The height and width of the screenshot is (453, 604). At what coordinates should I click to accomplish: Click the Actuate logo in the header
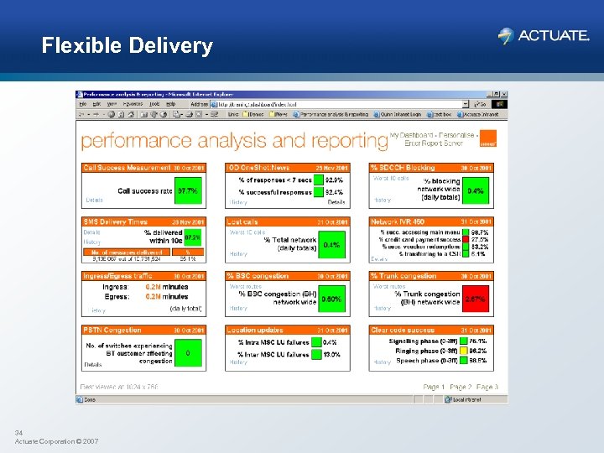pyautogui.click(x=543, y=36)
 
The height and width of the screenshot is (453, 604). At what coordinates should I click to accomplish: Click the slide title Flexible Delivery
pyautogui.click(x=128, y=45)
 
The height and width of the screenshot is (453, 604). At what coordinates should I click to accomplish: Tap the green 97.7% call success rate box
pyautogui.click(x=188, y=190)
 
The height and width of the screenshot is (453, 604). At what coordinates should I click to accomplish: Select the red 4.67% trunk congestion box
pyautogui.click(x=476, y=298)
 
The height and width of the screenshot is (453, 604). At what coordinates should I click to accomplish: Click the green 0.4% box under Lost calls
pyautogui.click(x=331, y=244)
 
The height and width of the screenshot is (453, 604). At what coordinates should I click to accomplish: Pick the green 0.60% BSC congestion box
pyautogui.click(x=331, y=299)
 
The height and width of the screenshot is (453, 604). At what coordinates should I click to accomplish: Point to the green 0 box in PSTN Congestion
pyautogui.click(x=187, y=353)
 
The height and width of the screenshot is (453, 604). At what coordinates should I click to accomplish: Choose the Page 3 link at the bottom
pyautogui.click(x=487, y=387)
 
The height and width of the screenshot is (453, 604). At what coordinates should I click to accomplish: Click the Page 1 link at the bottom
pyautogui.click(x=435, y=387)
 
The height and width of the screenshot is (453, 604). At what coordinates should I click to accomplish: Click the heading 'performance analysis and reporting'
pyautogui.click(x=234, y=140)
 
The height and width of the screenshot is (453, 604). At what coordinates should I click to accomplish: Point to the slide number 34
pyautogui.click(x=18, y=432)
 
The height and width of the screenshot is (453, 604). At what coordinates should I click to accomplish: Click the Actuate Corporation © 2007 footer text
pyautogui.click(x=56, y=440)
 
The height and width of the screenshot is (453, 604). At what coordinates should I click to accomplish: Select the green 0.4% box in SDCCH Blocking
pyautogui.click(x=476, y=190)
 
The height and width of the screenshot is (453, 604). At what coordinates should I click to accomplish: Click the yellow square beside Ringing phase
pyautogui.click(x=462, y=351)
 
